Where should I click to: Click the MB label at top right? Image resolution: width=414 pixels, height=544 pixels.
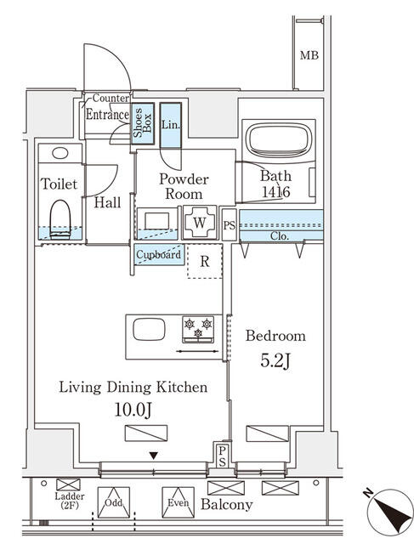(x=309, y=56)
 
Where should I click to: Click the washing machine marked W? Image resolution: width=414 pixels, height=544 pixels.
(x=200, y=221)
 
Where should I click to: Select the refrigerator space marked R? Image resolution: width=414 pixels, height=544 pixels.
(x=205, y=260)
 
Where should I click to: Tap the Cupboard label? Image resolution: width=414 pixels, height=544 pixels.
(x=159, y=254)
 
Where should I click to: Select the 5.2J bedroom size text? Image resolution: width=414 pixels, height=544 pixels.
(x=275, y=360)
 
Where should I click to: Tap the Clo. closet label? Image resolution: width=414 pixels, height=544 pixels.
(x=281, y=235)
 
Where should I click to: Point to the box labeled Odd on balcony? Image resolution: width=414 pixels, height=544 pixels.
(x=113, y=502)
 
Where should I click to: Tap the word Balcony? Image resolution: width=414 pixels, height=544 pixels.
(x=226, y=505)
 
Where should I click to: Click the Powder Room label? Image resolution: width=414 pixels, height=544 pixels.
(x=184, y=186)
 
